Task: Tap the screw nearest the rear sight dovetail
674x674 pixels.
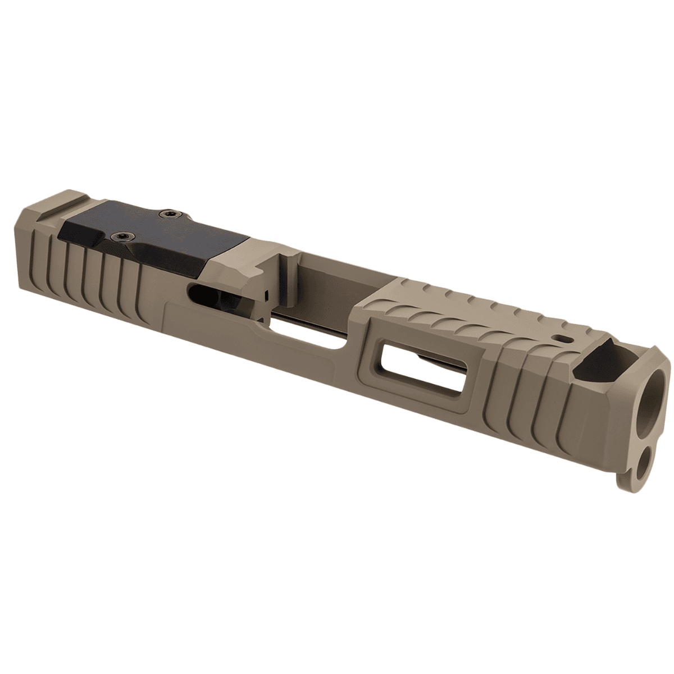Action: click(167, 213)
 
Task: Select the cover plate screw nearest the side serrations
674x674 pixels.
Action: click(119, 236)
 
